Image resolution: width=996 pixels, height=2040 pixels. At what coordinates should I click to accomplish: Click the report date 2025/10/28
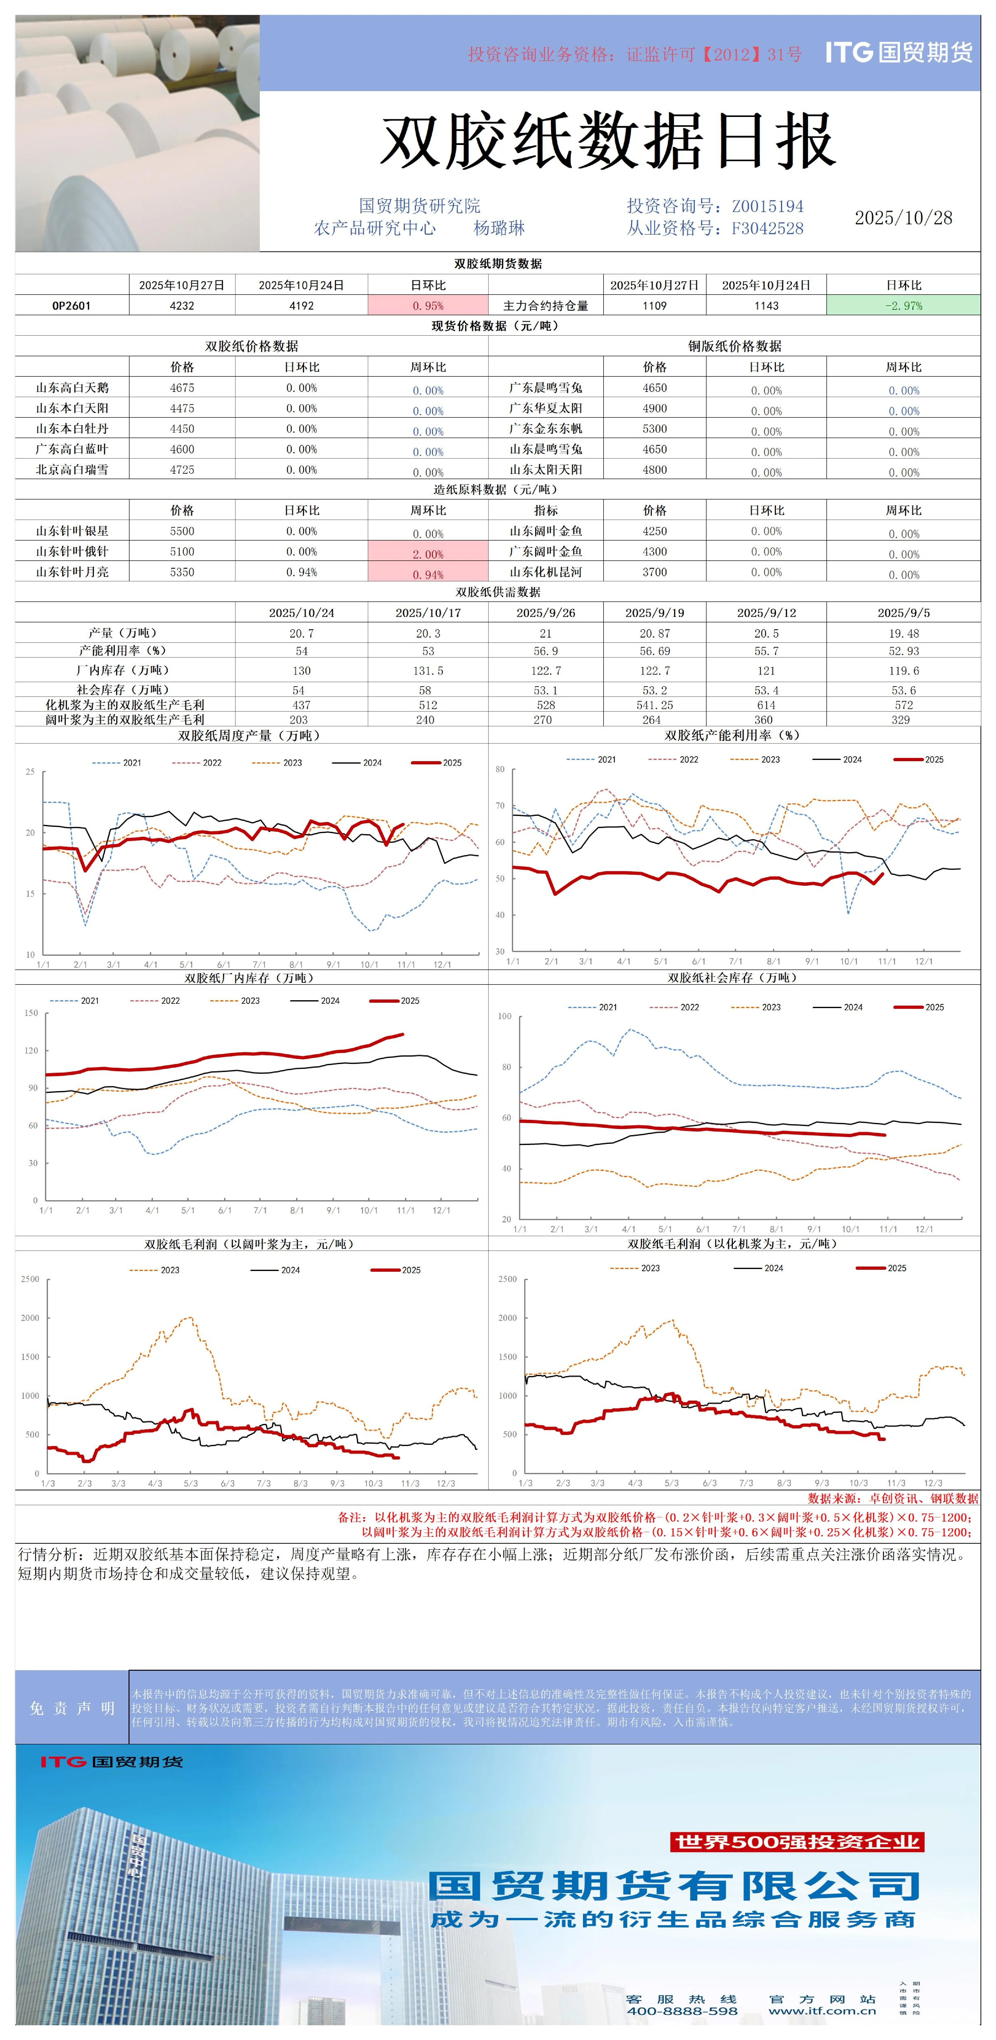coord(903,218)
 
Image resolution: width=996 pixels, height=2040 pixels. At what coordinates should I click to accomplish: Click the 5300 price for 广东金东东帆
coord(654,428)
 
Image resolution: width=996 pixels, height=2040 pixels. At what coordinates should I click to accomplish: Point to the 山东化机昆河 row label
coord(546,572)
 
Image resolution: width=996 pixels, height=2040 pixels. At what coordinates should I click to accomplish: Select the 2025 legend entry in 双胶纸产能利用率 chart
coord(919,759)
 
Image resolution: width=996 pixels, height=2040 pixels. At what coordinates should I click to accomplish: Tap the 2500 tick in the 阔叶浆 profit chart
coord(30,1279)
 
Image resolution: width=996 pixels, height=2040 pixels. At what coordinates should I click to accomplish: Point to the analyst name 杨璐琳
coord(499,228)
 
